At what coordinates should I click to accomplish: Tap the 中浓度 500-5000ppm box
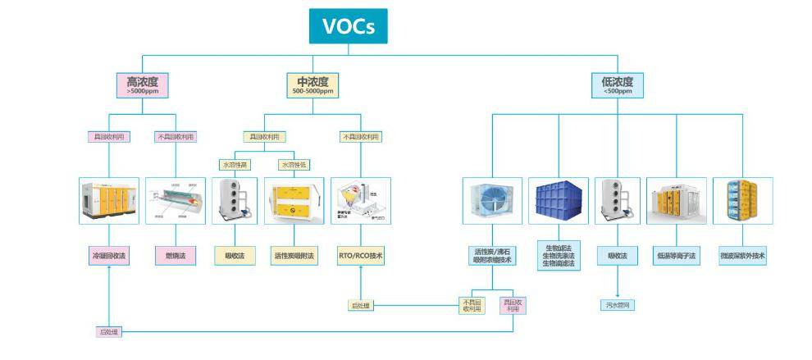(x=312, y=85)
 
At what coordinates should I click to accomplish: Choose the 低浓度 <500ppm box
(x=617, y=85)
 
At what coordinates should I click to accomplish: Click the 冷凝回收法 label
(x=109, y=256)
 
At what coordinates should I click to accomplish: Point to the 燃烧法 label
(x=176, y=256)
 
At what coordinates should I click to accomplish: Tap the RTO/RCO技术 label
(x=360, y=256)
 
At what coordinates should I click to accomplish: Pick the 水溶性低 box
(x=294, y=165)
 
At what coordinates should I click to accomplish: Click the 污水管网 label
(x=617, y=305)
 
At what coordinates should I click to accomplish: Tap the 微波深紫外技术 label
(x=741, y=256)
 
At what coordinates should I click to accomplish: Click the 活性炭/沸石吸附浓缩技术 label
(x=491, y=256)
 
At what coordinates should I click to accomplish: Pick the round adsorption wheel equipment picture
(x=491, y=201)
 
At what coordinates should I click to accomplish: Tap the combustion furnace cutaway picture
(x=176, y=201)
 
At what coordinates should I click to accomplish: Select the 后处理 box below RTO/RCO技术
(x=361, y=306)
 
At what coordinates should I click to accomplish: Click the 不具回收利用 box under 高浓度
(x=176, y=136)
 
